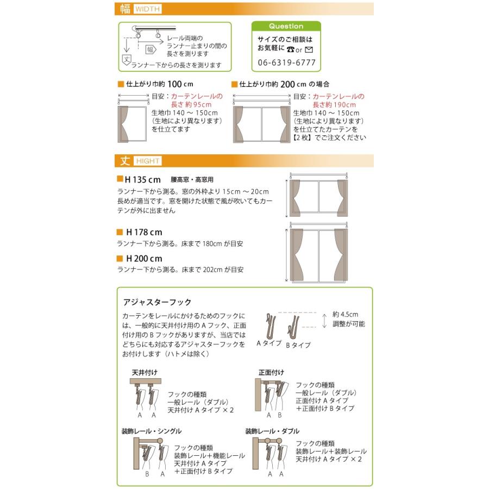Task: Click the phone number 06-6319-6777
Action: pyautogui.click(x=286, y=62)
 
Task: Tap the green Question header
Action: pyautogui.click(x=286, y=26)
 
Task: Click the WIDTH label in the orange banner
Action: pyautogui.click(x=147, y=9)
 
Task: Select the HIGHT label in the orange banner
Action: pyautogui.click(x=148, y=161)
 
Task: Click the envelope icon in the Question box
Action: pyautogui.click(x=309, y=49)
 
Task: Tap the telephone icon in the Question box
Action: pyautogui.click(x=291, y=49)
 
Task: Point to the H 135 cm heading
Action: pyautogui.click(x=142, y=180)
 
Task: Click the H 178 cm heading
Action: pyautogui.click(x=144, y=233)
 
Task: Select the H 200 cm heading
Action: pyautogui.click(x=144, y=259)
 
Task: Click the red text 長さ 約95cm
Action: pyautogui.click(x=191, y=104)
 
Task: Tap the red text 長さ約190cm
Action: pyautogui.click(x=334, y=105)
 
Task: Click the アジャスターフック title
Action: pyautogui.click(x=157, y=302)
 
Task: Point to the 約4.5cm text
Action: pyautogui.click(x=345, y=315)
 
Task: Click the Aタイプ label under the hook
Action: pyautogui.click(x=269, y=343)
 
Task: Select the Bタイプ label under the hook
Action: pyautogui.click(x=298, y=345)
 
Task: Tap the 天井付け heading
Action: pyautogui.click(x=145, y=372)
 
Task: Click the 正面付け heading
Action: pyautogui.click(x=271, y=372)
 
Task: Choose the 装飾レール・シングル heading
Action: pyautogui.click(x=152, y=431)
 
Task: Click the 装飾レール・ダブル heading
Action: pyautogui.click(x=272, y=431)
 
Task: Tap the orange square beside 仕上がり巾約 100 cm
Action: pyautogui.click(x=121, y=84)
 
